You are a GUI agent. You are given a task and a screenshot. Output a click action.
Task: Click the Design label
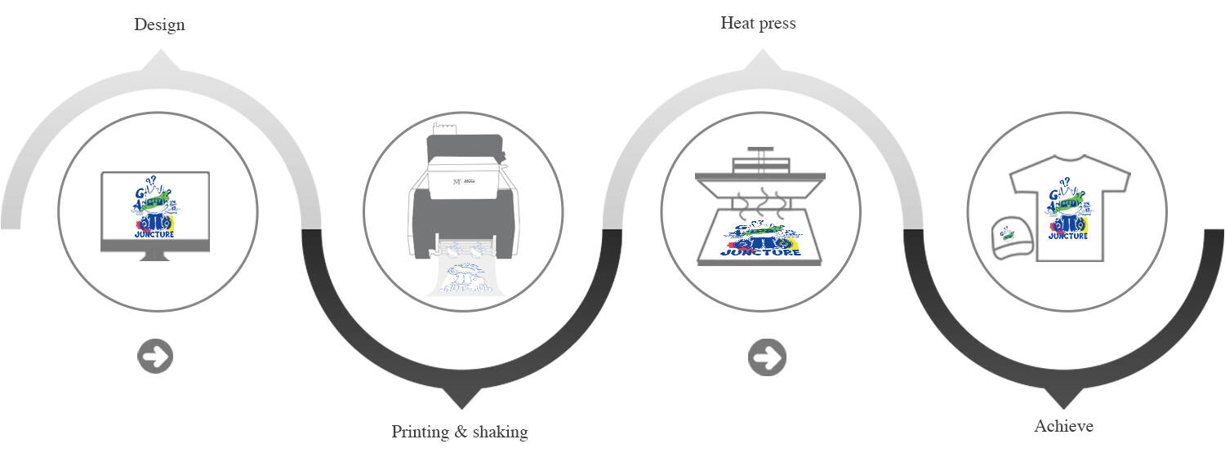click(159, 24)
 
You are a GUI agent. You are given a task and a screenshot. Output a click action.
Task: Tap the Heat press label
click(758, 23)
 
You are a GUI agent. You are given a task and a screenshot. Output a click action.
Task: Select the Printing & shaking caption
click(460, 432)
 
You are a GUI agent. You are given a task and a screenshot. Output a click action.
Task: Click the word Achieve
click(1063, 426)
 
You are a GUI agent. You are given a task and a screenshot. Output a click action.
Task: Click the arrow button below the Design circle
click(155, 357)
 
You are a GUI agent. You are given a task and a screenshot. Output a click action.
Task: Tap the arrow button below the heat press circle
click(766, 357)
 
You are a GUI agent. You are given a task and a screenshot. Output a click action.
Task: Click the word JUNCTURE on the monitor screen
click(155, 235)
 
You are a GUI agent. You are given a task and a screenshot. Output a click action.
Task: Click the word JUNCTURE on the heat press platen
click(759, 251)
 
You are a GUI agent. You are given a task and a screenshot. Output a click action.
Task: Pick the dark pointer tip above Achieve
click(1063, 404)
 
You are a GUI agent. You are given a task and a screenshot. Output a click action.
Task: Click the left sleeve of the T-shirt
click(1022, 180)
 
